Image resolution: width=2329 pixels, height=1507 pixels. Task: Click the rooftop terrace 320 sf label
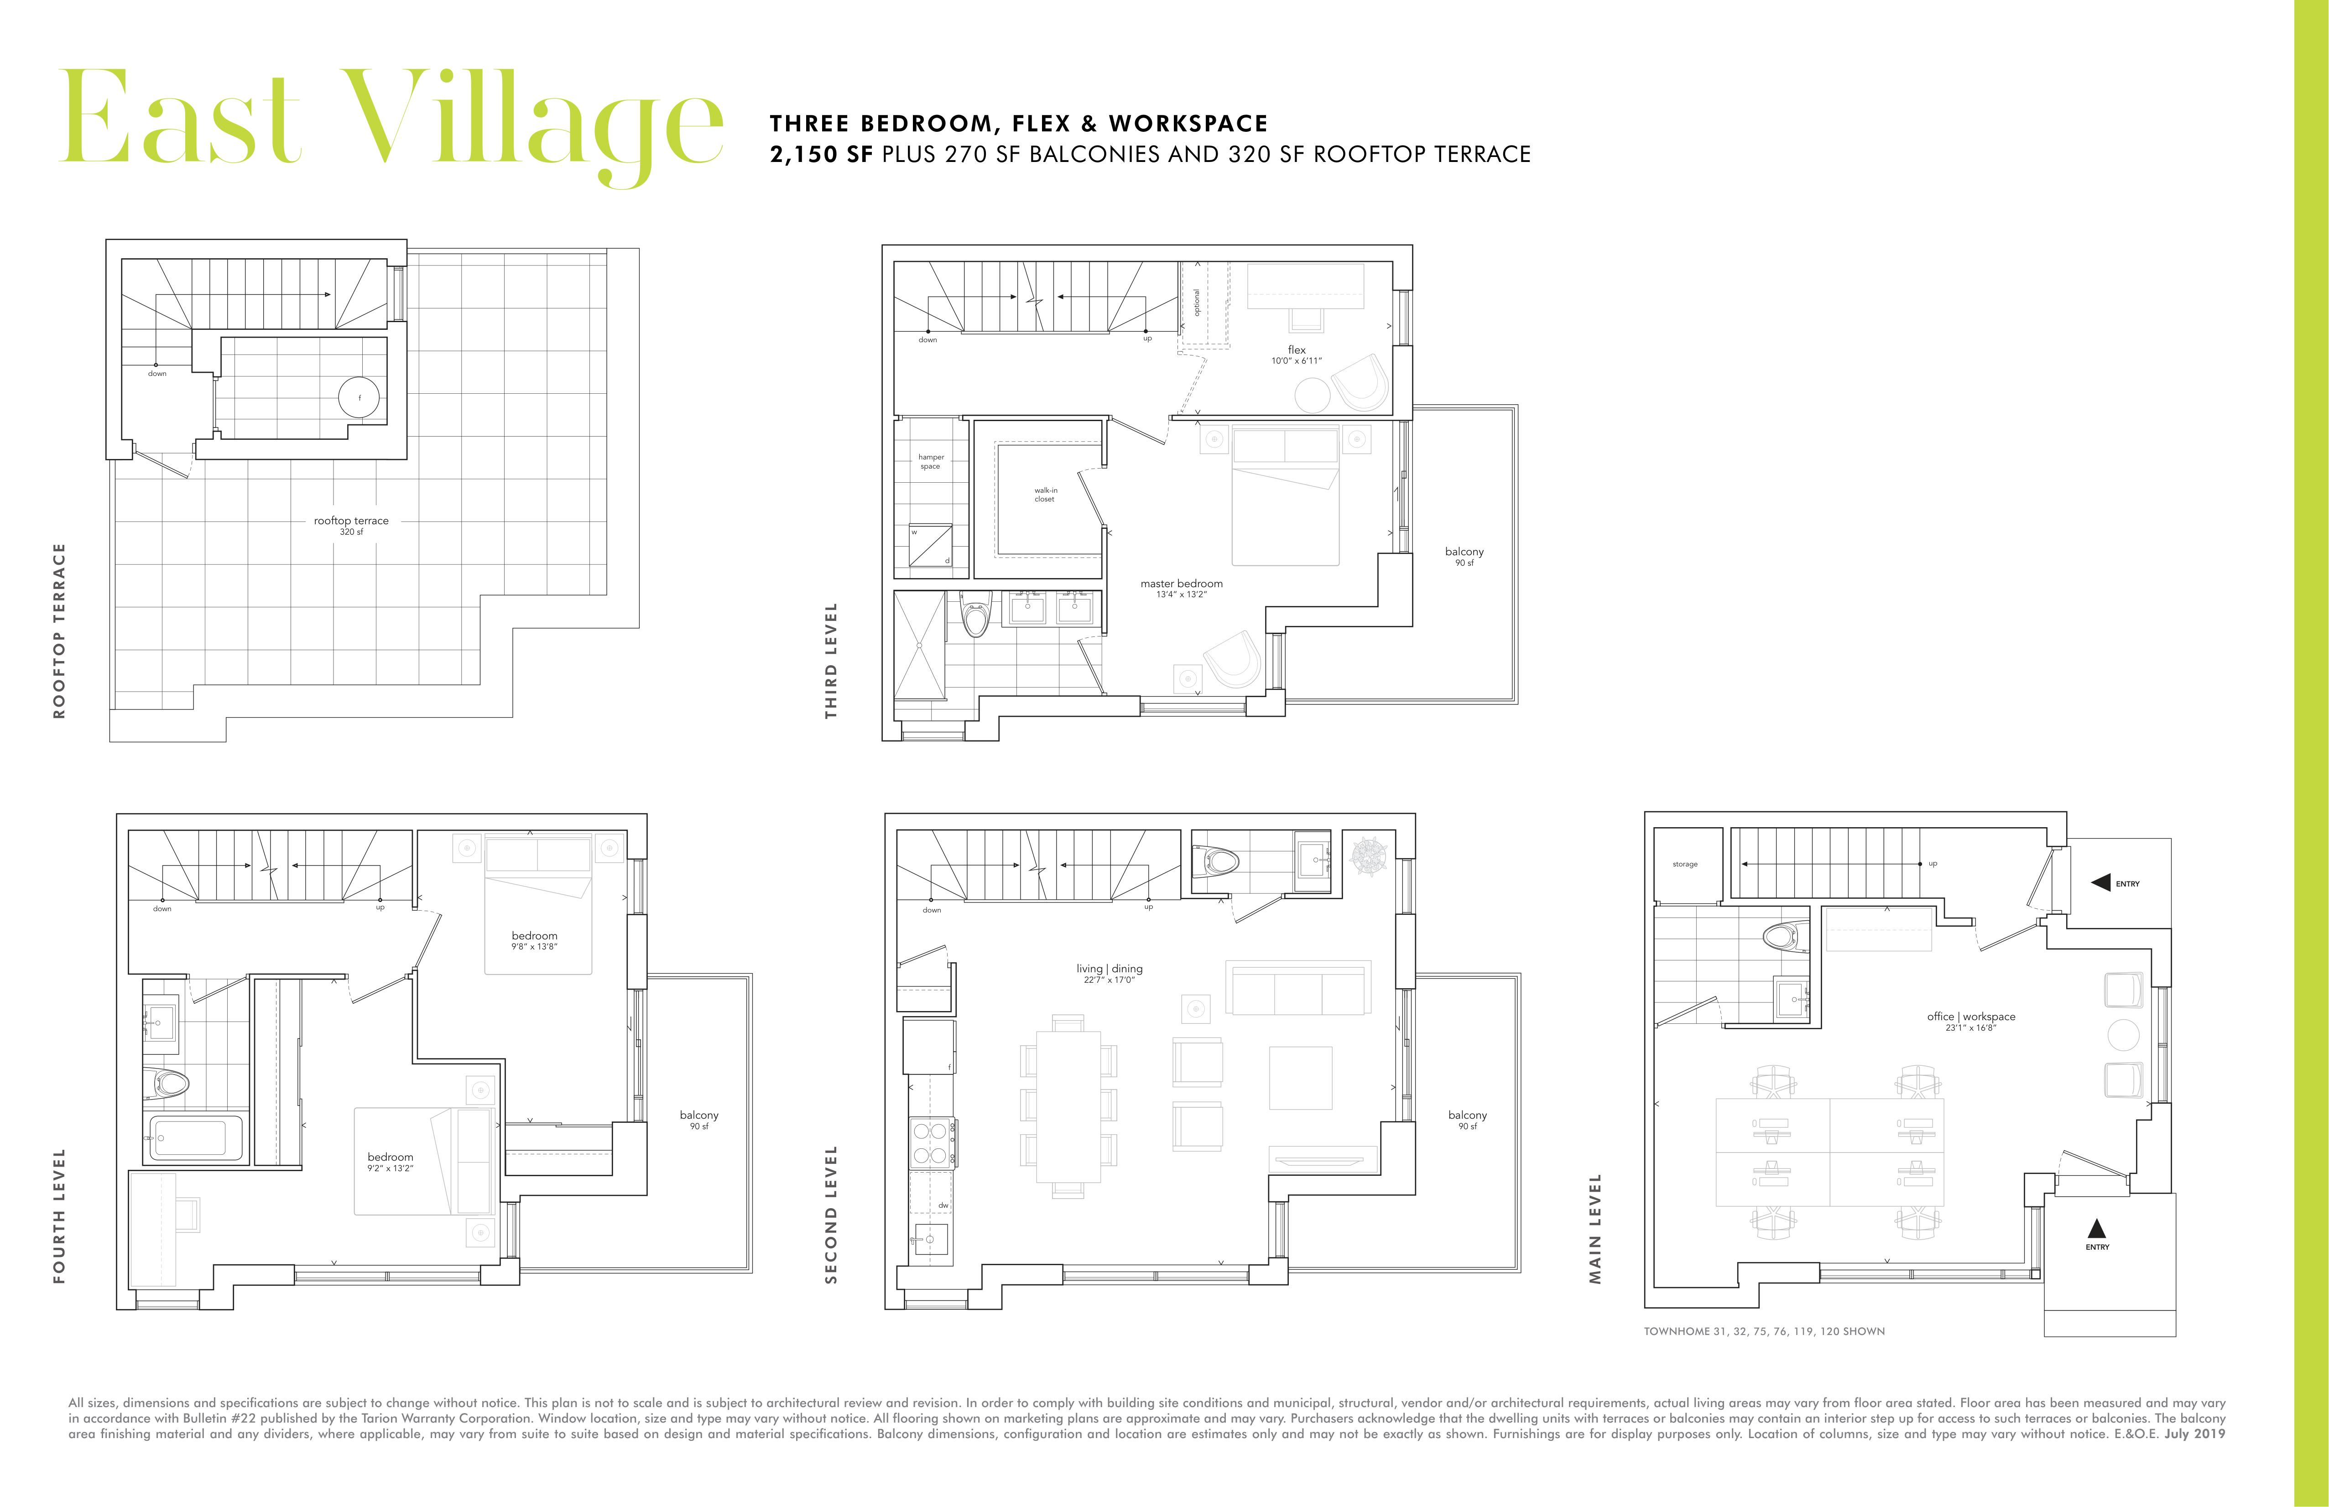pos(351,526)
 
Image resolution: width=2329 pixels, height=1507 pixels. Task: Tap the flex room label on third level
pos(1297,354)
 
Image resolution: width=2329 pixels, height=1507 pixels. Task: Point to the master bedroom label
pos(1181,588)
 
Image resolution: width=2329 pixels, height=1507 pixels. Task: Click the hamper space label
pos(931,461)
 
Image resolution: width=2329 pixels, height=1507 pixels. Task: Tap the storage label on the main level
pos(1685,864)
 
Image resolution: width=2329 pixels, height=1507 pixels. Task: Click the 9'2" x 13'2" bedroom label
pos(391,1162)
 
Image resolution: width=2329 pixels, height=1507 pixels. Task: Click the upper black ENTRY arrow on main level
pos(2100,883)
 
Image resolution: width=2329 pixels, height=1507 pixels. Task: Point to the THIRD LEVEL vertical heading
pos(831,661)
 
